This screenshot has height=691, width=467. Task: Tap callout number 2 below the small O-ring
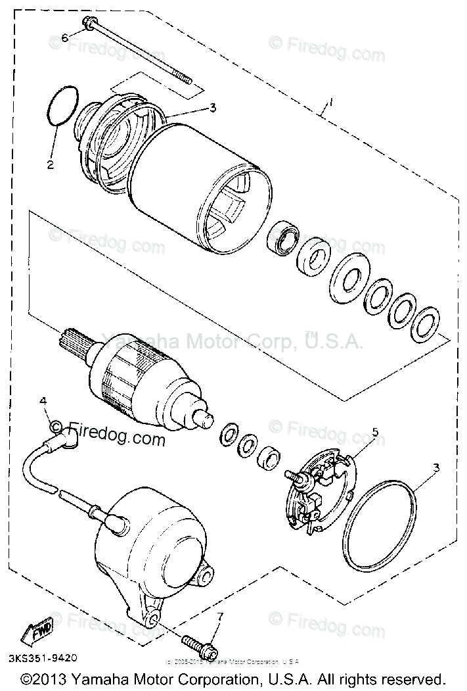point(50,164)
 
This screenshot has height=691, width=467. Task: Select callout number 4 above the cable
point(43,400)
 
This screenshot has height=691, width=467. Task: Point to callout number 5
point(375,431)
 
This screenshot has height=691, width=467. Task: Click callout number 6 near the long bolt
point(64,38)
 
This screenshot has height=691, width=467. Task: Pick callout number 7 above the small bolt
point(220,616)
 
